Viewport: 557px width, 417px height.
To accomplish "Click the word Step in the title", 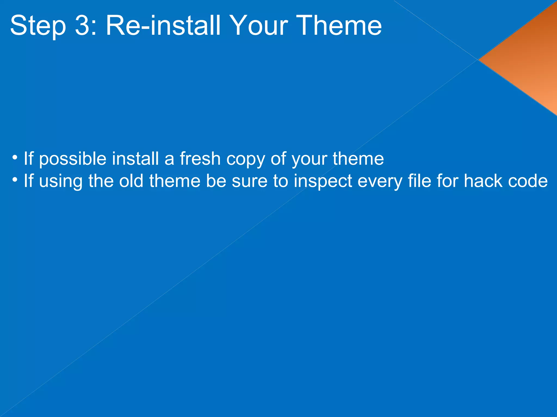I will pos(38,26).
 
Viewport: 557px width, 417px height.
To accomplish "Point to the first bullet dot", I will pos(15,158).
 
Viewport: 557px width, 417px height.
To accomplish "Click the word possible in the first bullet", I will pos(73,159).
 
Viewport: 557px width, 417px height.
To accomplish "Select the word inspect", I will pos(323,181).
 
